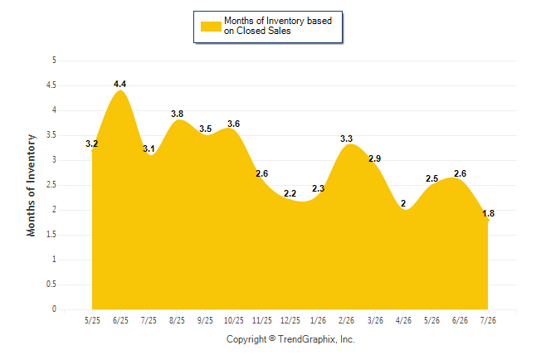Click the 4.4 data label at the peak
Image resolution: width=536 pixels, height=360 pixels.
pos(119,84)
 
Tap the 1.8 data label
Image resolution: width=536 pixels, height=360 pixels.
pos(488,213)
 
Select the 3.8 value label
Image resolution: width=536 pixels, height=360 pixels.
pos(177,114)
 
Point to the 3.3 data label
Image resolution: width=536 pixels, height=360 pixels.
pos(346,139)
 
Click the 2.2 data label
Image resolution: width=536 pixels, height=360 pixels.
pos(290,193)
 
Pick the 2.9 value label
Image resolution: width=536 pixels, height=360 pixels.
pos(375,158)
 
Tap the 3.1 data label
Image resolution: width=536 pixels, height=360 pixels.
pos(149,148)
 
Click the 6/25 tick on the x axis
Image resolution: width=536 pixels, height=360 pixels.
pos(120,320)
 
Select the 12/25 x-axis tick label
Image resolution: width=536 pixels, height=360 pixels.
pos(290,320)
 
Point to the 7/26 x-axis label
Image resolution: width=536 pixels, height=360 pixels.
pos(488,320)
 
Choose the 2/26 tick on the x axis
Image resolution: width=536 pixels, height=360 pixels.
pos(346,320)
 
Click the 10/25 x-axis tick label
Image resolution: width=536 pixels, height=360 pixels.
pos(233,320)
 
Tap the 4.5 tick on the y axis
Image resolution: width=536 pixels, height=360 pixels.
pos(51,85)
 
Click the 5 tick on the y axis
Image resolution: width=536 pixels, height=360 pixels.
pos(54,61)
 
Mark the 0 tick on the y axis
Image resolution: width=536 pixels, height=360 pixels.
pos(54,309)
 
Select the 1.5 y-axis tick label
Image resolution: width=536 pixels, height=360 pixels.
pos(51,235)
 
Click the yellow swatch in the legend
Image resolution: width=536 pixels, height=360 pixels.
pos(211,27)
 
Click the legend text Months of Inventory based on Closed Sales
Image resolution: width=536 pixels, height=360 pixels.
pos(278,26)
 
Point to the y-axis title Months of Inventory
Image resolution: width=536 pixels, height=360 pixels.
pos(31,185)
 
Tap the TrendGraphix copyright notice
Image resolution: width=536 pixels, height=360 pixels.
pos(290,339)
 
